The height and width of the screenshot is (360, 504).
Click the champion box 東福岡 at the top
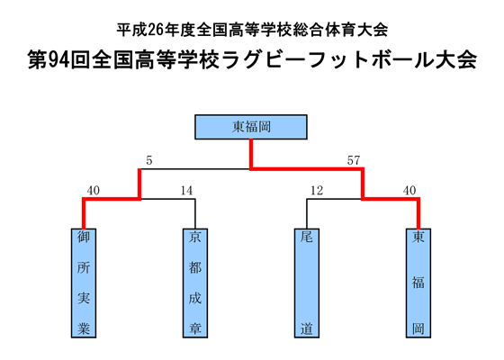251,128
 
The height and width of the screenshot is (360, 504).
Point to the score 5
148,161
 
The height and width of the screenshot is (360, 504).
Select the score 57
354,161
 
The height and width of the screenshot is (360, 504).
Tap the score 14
186,191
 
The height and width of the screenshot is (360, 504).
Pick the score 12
316,191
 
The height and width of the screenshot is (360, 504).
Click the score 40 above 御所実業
93,191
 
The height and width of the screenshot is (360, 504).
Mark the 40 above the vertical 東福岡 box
409,191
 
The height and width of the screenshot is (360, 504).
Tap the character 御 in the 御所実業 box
84,238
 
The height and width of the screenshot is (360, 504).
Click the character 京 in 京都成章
195,238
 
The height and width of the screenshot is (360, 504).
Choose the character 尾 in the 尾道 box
307,238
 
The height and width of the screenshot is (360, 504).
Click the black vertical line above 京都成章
195,213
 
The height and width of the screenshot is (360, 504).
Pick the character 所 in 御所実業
84,268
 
